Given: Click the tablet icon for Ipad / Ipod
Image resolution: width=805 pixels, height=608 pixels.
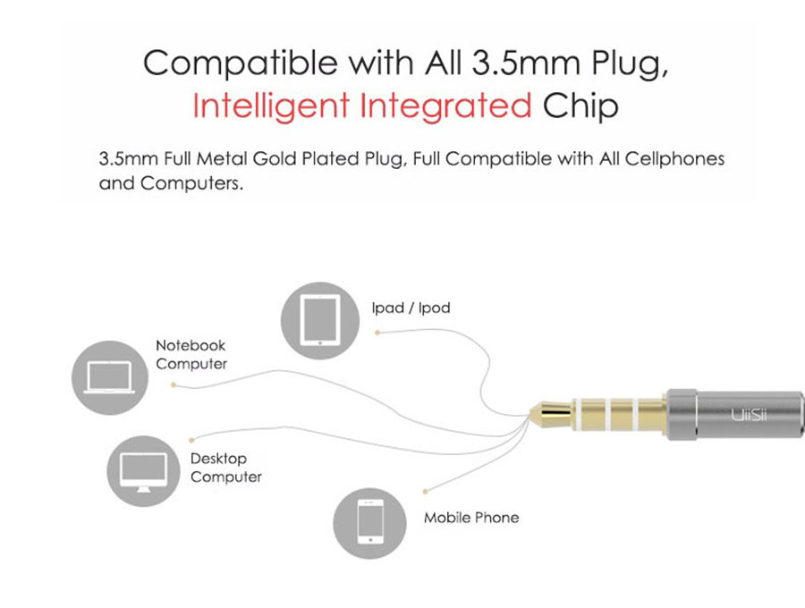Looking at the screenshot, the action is point(320,321).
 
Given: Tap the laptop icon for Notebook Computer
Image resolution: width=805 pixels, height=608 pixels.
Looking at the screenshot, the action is point(110,377).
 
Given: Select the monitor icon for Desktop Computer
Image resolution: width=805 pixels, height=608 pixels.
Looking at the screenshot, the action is point(143,471).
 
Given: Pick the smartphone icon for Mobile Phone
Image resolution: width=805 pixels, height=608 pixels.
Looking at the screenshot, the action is point(369,523).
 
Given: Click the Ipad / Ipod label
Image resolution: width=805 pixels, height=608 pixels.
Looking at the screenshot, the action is point(411,308).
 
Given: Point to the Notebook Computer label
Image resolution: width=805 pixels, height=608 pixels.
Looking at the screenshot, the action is point(191,355).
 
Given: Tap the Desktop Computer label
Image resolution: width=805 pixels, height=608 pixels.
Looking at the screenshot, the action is point(226,468).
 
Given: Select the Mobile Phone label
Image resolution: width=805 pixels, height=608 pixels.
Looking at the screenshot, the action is point(471,517).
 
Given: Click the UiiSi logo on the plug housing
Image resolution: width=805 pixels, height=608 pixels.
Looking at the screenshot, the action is point(749,415).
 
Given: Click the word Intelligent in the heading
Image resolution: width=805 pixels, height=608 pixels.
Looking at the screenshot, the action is point(270,106).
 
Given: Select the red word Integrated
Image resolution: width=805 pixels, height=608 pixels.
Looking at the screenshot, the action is point(445,106).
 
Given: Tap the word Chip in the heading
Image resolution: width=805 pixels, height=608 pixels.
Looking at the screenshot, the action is point(580,106).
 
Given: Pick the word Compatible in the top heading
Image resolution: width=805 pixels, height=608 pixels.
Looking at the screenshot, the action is point(241,63).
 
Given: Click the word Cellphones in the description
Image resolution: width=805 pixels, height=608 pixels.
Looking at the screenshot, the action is point(674,158).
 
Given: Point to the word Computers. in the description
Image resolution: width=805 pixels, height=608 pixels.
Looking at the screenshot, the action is point(191,183).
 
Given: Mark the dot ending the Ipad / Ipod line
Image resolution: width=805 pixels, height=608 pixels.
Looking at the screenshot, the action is point(377,333).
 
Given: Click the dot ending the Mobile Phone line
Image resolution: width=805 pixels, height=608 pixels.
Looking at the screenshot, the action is point(425,492).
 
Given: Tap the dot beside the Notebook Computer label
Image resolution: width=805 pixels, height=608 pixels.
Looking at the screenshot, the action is point(174,384).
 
